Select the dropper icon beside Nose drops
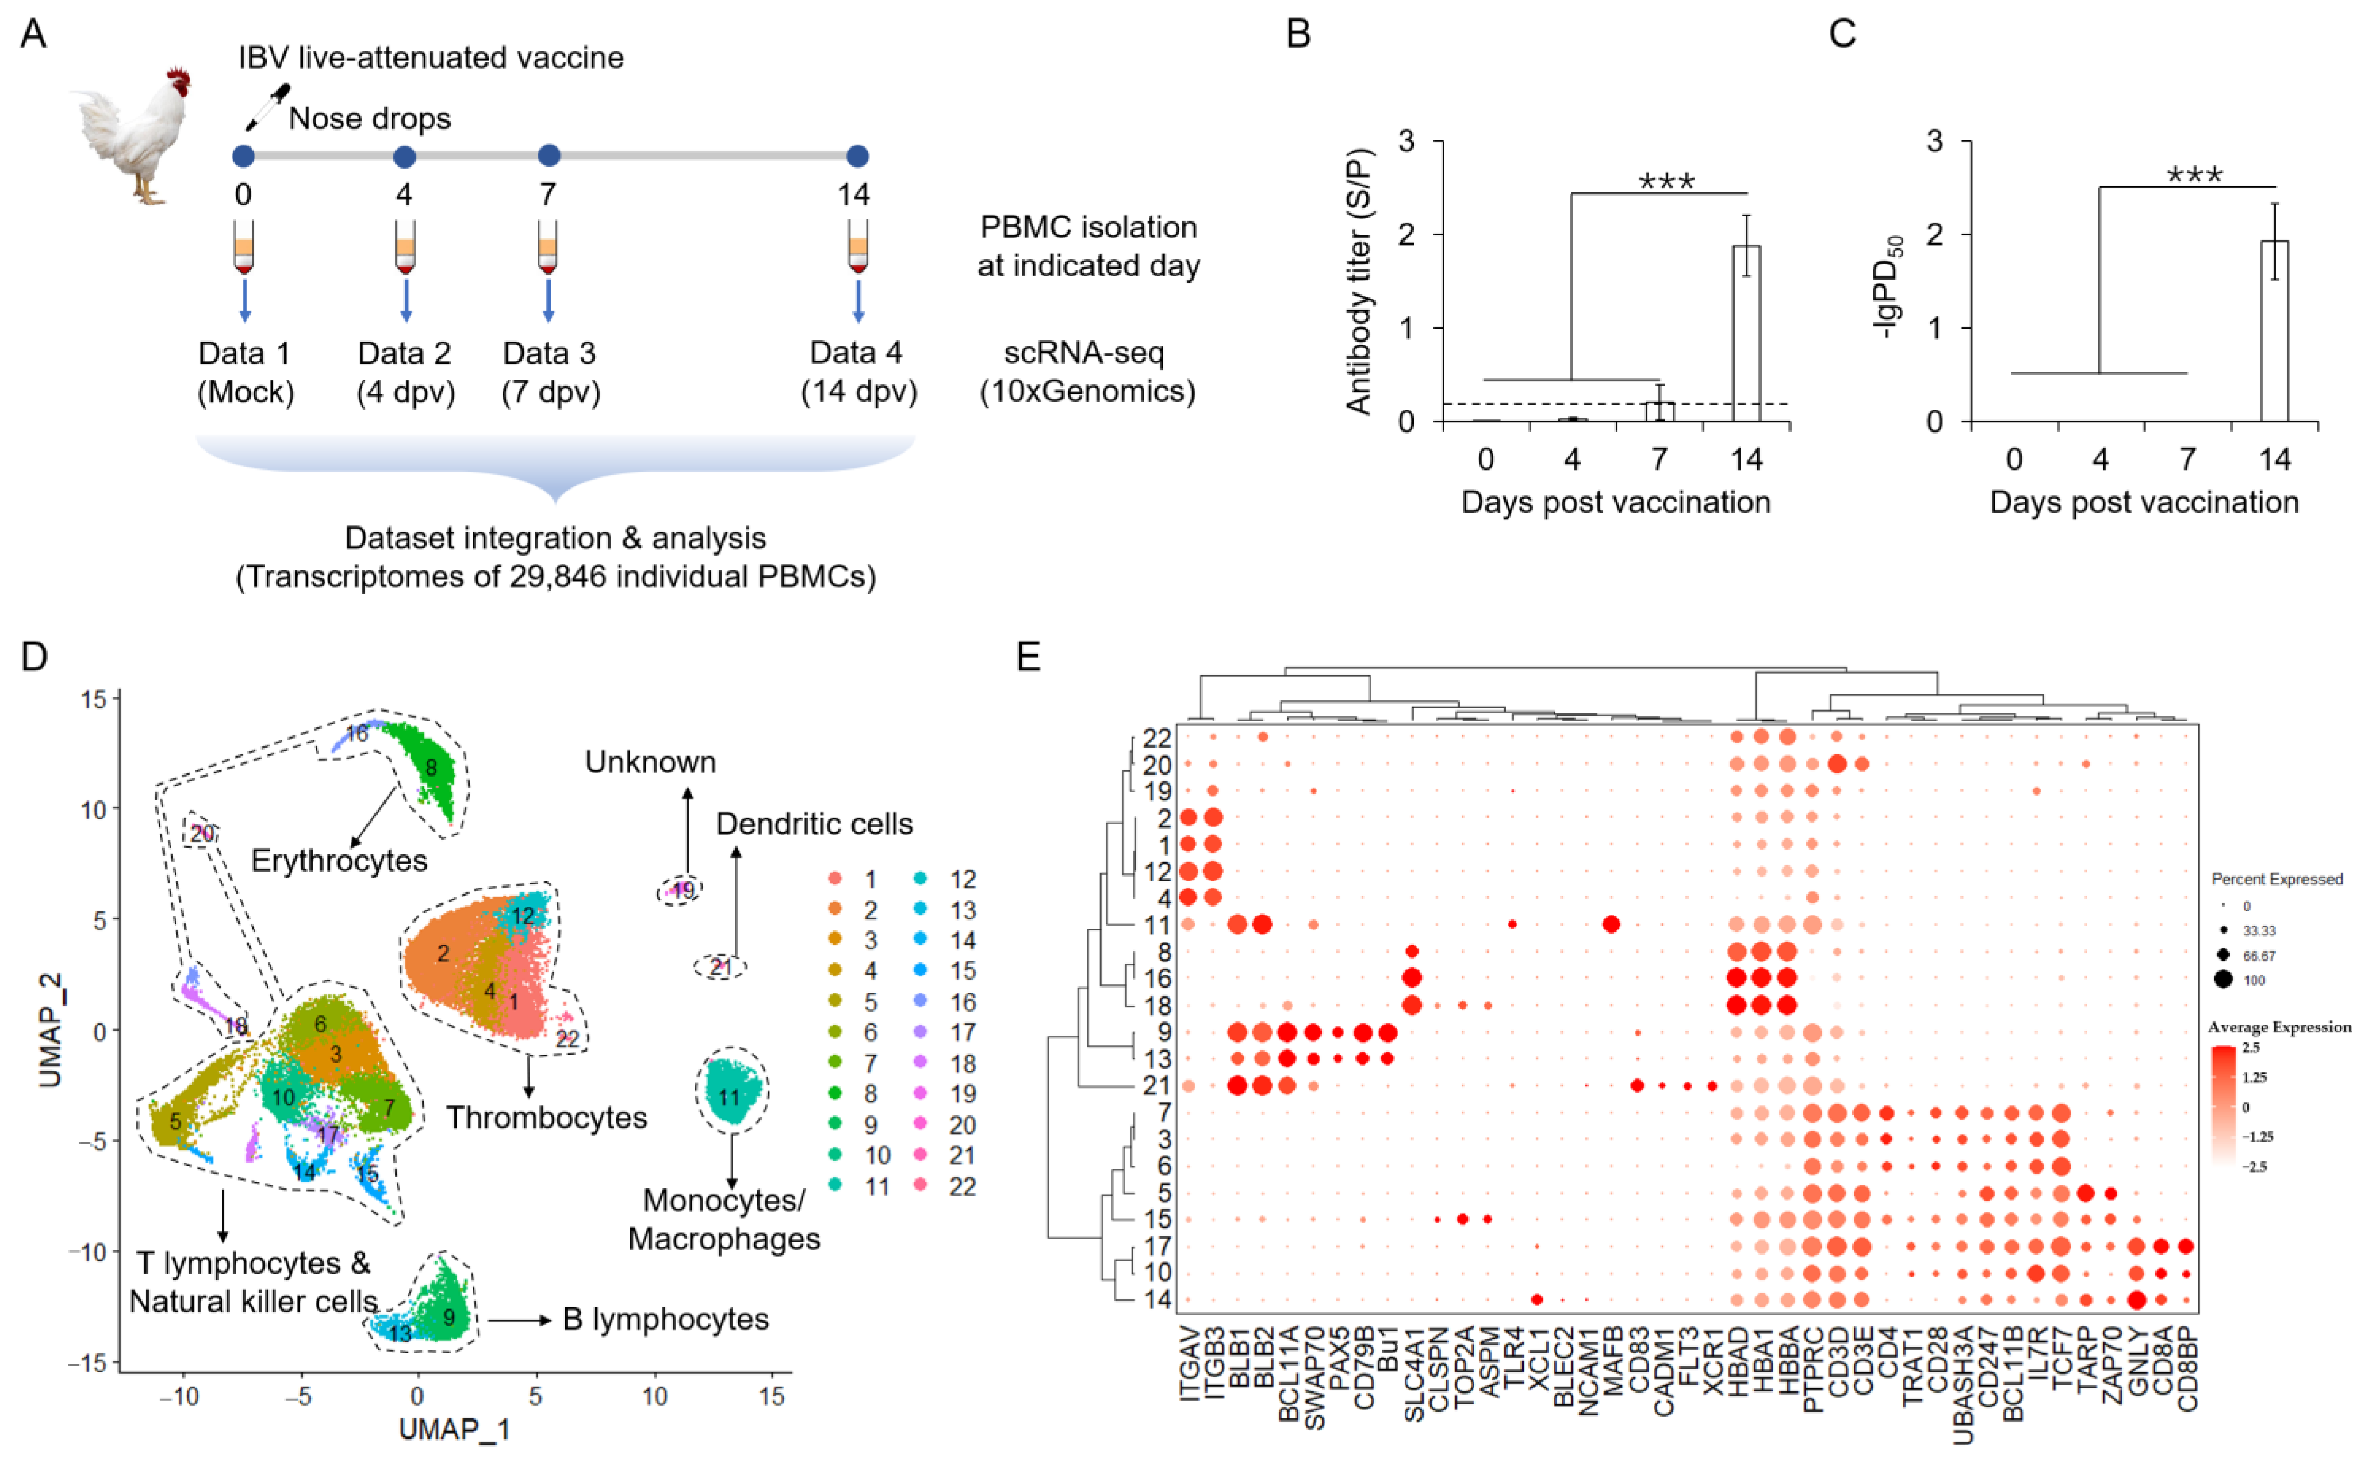coord(267,107)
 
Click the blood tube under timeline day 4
coord(405,247)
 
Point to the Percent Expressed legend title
coord(2276,879)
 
